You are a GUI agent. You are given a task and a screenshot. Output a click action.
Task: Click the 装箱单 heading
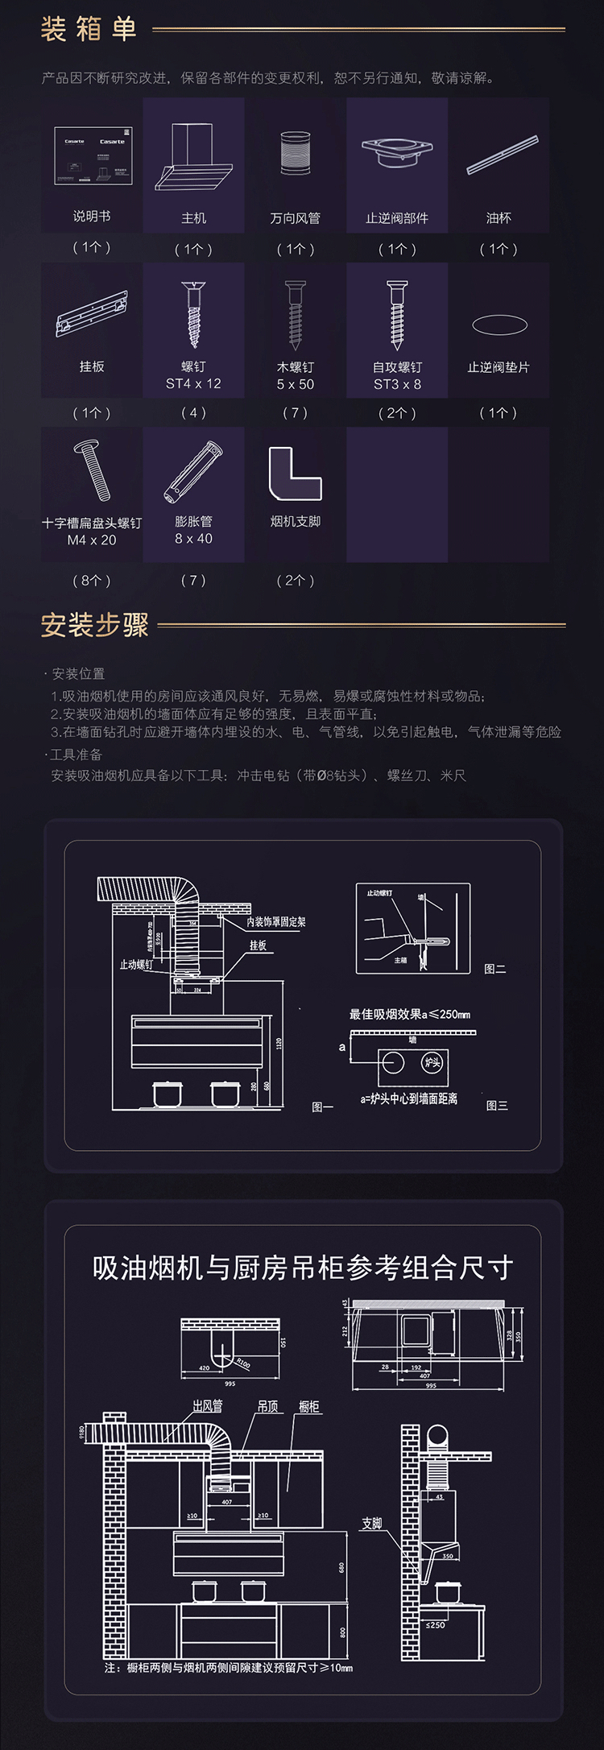click(89, 30)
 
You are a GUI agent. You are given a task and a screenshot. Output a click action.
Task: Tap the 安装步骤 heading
click(95, 625)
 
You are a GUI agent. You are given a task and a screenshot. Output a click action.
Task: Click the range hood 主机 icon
click(194, 157)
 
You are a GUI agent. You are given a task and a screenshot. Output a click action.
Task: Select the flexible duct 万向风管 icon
click(296, 153)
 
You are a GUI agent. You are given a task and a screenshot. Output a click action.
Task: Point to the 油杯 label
click(499, 218)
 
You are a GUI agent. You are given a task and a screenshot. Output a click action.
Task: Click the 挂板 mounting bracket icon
click(92, 313)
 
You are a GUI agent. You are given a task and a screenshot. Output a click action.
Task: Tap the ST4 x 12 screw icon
click(193, 313)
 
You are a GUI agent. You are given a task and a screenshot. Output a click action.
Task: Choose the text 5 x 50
click(296, 385)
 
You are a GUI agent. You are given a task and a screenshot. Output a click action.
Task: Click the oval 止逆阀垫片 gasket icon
click(499, 325)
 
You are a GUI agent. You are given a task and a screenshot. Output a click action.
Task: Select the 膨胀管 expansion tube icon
click(193, 471)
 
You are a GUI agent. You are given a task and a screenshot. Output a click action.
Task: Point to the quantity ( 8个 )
click(92, 581)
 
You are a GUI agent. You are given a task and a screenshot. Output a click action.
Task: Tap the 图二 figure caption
click(494, 969)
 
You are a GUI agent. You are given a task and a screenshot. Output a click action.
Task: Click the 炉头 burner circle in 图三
click(432, 1062)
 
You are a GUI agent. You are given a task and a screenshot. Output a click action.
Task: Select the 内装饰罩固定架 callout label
click(276, 922)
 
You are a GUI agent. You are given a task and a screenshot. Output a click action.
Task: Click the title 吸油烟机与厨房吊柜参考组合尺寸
click(302, 1268)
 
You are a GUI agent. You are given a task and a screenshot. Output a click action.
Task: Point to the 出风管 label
click(207, 1406)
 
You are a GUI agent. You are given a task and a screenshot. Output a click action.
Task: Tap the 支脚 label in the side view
click(371, 1523)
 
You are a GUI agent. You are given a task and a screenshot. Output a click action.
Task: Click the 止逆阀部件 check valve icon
click(397, 153)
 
